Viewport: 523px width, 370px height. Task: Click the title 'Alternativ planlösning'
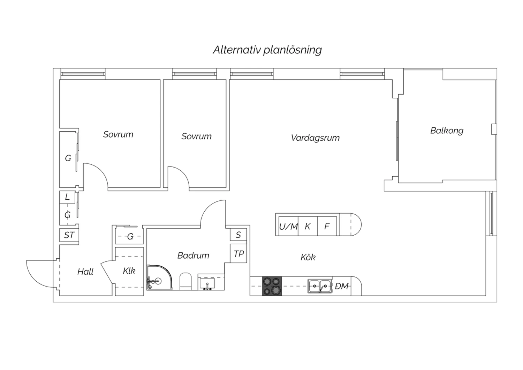267,50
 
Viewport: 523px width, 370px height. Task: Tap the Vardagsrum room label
315,138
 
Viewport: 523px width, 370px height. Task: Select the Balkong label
447,131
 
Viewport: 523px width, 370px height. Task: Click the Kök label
308,257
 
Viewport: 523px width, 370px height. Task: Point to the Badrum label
193,256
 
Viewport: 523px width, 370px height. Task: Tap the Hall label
85,272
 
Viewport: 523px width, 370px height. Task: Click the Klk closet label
129,271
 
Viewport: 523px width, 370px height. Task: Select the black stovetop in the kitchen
272,286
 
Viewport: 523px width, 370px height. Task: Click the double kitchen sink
320,286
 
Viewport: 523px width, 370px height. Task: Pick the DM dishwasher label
342,286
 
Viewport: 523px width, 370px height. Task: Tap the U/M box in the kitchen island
288,226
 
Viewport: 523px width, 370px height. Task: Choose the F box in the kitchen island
327,226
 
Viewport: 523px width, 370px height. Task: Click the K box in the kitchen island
308,226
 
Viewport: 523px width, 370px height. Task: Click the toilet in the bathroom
185,281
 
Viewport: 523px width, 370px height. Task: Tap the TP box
238,254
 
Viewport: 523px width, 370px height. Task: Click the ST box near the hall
69,235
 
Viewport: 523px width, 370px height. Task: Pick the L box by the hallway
67,197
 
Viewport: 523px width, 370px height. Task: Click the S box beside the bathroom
238,235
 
